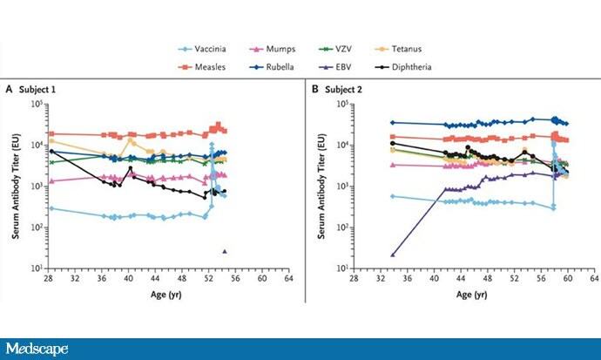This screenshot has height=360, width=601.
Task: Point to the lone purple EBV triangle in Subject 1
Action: click(225, 251)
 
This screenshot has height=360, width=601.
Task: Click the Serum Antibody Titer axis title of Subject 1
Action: click(13, 186)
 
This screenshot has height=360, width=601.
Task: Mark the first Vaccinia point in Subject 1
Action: click(51, 208)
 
